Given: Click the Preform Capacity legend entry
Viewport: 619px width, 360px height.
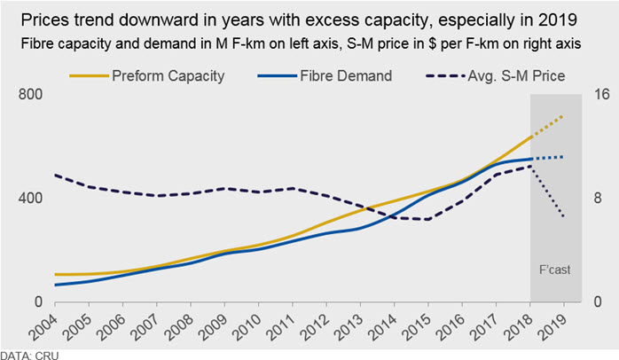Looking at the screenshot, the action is click(x=147, y=75).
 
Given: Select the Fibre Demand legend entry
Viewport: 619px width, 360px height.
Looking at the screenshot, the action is click(x=325, y=75).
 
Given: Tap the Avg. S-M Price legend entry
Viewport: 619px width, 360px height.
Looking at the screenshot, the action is click(x=496, y=75).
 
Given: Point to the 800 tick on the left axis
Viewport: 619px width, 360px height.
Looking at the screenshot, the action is click(x=30, y=94).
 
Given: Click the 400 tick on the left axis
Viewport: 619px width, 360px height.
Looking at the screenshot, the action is click(x=30, y=198).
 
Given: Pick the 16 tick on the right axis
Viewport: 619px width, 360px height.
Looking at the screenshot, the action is click(x=601, y=94).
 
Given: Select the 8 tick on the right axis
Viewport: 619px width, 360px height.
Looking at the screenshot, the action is click(x=598, y=198).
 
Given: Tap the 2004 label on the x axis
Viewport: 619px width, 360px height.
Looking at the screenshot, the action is click(x=43, y=326).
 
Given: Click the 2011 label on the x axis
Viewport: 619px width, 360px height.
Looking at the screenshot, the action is click(x=281, y=326).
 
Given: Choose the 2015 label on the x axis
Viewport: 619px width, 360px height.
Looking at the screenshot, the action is click(x=417, y=326).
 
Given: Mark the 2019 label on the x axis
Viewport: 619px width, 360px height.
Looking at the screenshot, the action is click(x=552, y=326).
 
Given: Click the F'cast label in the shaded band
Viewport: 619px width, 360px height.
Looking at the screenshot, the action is click(x=554, y=270).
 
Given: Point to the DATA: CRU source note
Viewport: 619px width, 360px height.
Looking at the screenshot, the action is click(x=29, y=356).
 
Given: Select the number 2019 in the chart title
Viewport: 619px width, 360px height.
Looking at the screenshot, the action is click(x=558, y=20).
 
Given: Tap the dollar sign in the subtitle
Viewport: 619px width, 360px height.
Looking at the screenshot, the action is click(x=432, y=43).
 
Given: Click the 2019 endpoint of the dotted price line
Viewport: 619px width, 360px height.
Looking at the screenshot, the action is click(x=563, y=216).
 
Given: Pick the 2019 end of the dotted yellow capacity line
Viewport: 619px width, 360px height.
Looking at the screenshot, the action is click(x=562, y=116).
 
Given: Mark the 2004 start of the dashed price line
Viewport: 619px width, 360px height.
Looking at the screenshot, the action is click(x=55, y=175).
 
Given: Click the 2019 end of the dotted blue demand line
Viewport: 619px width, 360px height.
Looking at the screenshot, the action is click(x=562, y=157).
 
